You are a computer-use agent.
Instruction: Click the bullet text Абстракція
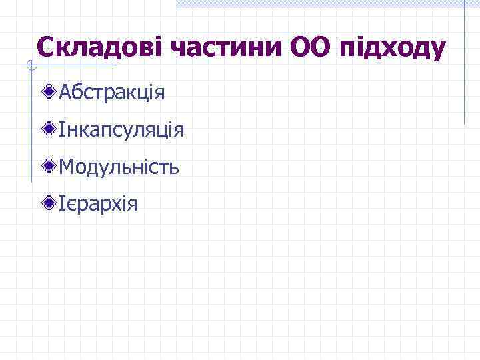(x=111, y=92)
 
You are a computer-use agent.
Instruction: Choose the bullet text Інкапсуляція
(x=121, y=129)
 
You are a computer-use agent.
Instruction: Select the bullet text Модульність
(x=119, y=166)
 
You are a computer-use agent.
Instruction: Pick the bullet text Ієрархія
(x=98, y=203)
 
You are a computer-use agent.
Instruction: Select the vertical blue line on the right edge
(x=464, y=63)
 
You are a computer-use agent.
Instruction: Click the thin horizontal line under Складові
(x=73, y=65)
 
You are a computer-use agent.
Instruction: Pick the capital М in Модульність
(x=67, y=166)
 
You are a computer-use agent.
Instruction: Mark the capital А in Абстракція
(x=65, y=92)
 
